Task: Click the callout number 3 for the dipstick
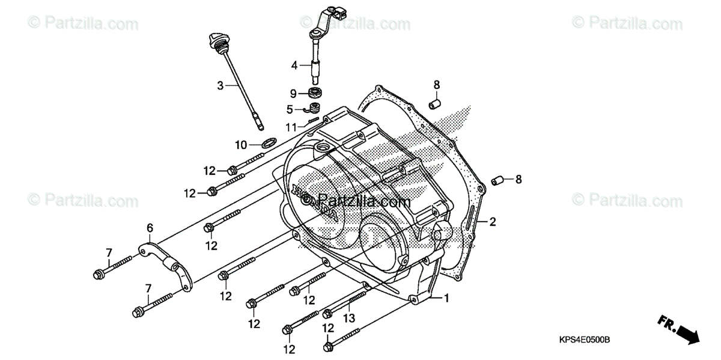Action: [x=221, y=85]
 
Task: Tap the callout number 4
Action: [x=294, y=65]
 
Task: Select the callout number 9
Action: [x=293, y=93]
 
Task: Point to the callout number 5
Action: [x=290, y=109]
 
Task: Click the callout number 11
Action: [x=291, y=127]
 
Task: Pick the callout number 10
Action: [x=240, y=144]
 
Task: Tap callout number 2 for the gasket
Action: [x=492, y=222]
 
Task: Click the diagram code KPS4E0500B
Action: [x=582, y=340]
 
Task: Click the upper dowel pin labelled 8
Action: [x=436, y=104]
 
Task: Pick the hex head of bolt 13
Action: [x=327, y=314]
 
